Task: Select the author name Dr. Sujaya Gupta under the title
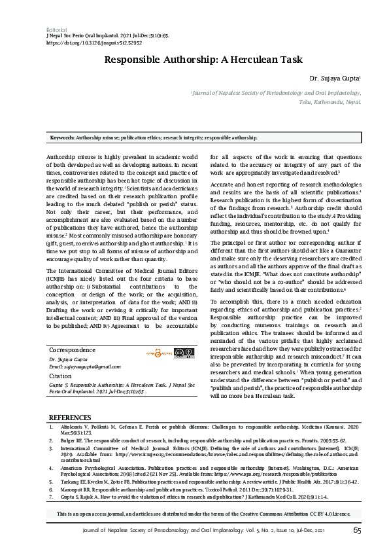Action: click(333, 79)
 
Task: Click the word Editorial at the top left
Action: click(57, 30)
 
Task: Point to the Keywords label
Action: click(62, 138)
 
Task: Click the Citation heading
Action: click(60, 376)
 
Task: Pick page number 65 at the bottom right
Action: click(357, 530)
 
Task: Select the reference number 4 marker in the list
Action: click(52, 468)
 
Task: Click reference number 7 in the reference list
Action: click(52, 495)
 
